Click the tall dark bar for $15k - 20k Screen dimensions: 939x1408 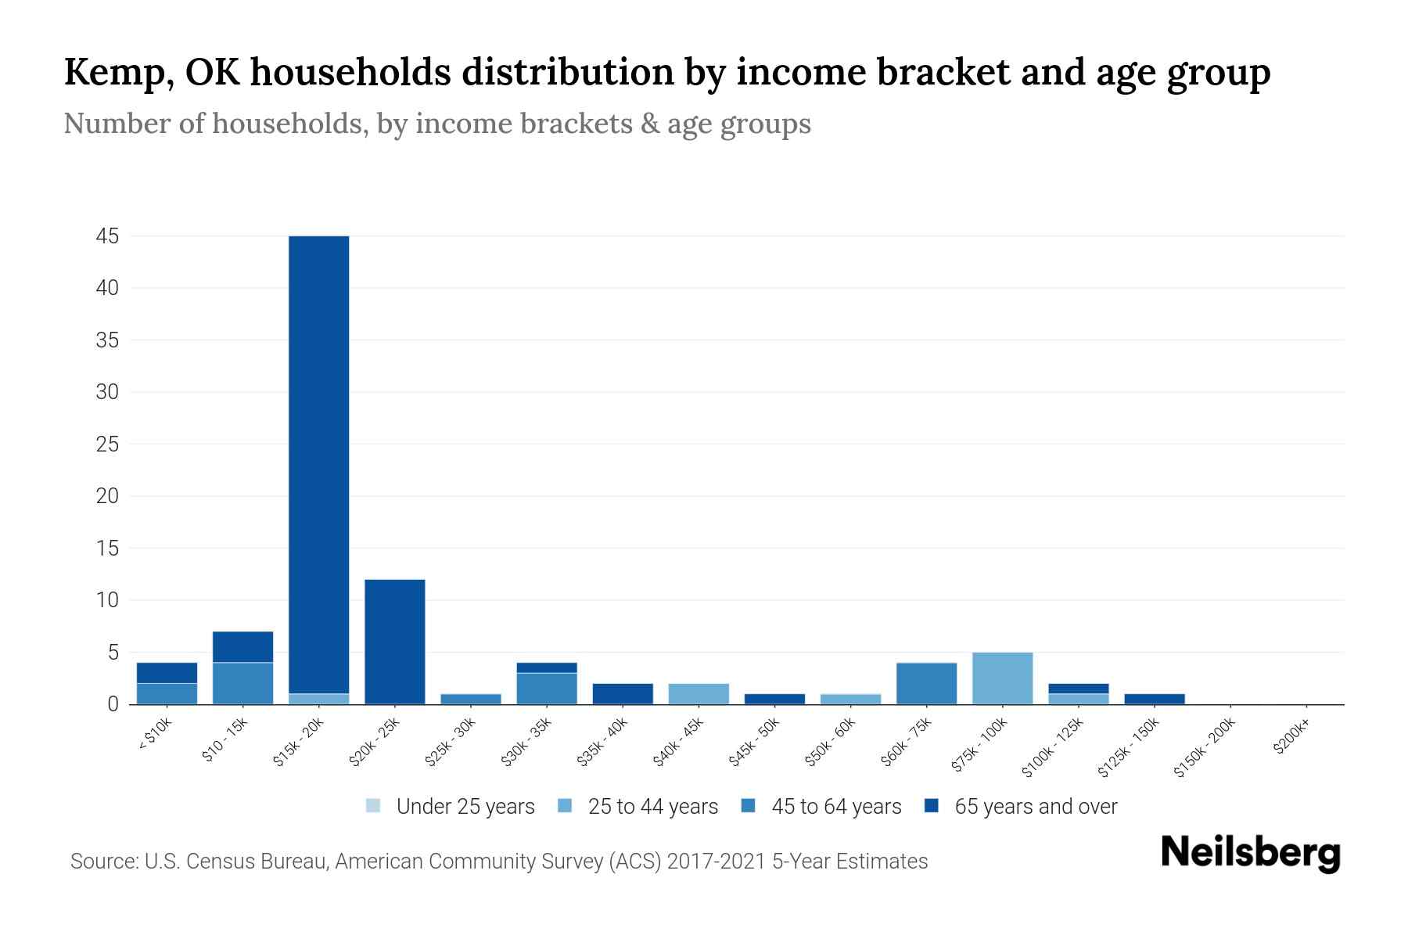coord(319,462)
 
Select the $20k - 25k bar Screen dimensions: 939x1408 coord(395,642)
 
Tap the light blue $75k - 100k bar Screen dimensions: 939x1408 coord(1003,678)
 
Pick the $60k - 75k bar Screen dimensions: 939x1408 coord(927,684)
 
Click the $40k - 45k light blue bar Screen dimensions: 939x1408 coord(699,694)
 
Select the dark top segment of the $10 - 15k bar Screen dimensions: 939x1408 coord(243,647)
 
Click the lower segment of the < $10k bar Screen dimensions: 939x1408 coord(167,694)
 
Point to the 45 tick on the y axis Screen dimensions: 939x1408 coord(107,236)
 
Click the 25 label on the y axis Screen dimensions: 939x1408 coord(107,444)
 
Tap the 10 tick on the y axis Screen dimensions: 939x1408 coord(107,600)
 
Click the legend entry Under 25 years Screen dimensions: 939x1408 coord(465,807)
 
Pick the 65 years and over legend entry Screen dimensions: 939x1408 coord(1035,807)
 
